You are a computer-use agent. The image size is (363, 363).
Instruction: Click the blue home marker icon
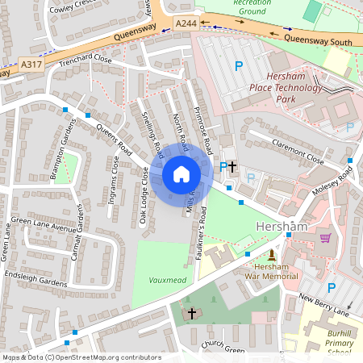[x=181, y=174]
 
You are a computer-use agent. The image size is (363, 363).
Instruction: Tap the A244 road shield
[x=185, y=26]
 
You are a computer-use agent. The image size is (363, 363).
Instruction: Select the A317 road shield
[x=31, y=65]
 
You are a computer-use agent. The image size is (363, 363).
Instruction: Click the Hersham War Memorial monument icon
[x=272, y=255]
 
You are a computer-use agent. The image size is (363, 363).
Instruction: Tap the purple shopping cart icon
[x=325, y=238]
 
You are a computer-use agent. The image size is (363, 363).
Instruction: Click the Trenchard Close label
[x=84, y=59]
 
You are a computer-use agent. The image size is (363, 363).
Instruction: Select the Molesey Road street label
[x=333, y=181]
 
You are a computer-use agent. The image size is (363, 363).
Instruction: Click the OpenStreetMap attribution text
[x=81, y=357]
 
